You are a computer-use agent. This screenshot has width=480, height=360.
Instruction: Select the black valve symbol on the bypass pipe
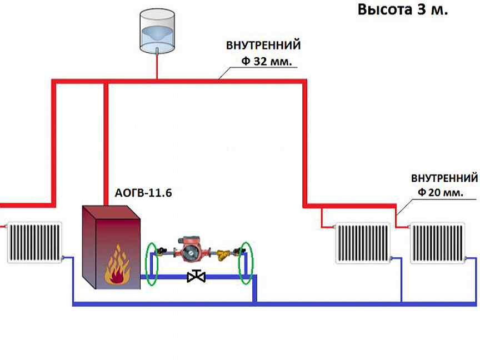click(x=196, y=276)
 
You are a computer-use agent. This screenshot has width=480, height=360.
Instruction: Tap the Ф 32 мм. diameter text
click(x=266, y=62)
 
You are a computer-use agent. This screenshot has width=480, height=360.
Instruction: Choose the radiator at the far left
click(x=33, y=242)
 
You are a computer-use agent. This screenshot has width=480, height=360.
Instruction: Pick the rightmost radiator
click(x=437, y=243)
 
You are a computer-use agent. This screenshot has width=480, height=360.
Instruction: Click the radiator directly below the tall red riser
click(x=363, y=243)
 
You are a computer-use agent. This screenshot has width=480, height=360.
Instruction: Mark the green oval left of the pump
click(x=154, y=264)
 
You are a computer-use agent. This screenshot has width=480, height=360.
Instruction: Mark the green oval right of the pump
click(x=245, y=264)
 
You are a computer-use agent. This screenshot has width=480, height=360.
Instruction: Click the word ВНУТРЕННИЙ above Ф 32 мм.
click(x=263, y=44)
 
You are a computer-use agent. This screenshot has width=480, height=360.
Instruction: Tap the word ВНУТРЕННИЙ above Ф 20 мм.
click(x=444, y=178)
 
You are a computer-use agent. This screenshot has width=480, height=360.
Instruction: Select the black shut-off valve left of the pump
click(x=163, y=251)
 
